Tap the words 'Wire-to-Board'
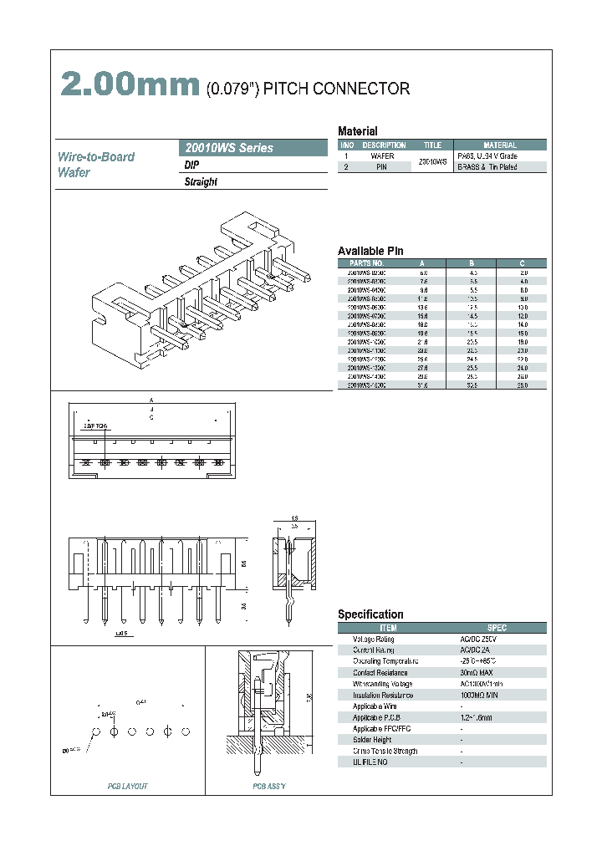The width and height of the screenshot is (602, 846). [x=95, y=157]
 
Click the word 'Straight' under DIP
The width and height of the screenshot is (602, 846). [x=201, y=182]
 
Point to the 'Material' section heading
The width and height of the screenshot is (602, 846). [x=357, y=131]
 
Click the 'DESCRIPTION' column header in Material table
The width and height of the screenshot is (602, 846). [x=382, y=145]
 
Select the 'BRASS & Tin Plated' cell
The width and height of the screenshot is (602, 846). [x=487, y=167]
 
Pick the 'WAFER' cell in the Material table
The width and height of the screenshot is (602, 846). [x=382, y=156]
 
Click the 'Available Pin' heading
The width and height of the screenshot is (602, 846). [x=370, y=251]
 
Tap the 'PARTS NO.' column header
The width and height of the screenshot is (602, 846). [x=365, y=262]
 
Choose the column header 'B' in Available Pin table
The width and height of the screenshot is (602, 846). [x=473, y=262]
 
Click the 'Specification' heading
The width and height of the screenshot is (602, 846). [x=370, y=614]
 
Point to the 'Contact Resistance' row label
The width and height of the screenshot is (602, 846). [x=380, y=672]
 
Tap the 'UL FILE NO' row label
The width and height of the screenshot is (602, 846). [x=370, y=762]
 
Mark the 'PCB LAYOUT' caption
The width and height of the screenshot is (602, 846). [x=128, y=787]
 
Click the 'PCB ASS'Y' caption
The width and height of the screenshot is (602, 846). [x=269, y=787]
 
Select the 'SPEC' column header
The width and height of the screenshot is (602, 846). [x=497, y=628]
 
